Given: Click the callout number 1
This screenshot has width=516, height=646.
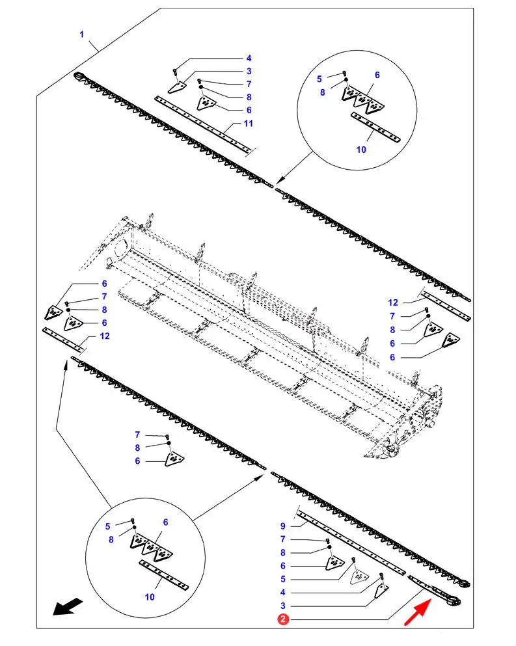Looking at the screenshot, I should (x=82, y=34).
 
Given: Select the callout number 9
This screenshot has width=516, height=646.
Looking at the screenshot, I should (x=283, y=525).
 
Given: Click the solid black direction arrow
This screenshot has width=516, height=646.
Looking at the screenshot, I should (x=68, y=606).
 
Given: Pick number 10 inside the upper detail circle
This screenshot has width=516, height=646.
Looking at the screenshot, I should (x=362, y=149).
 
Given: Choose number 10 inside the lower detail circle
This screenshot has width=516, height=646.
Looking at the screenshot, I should (x=150, y=596).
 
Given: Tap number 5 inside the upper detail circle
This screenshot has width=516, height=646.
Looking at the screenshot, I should (x=319, y=79).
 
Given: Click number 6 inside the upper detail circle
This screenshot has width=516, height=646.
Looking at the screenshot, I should (x=377, y=75).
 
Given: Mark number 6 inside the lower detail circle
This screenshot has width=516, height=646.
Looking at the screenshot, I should (x=165, y=522).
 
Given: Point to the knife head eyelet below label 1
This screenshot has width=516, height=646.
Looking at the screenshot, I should (x=81, y=77).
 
